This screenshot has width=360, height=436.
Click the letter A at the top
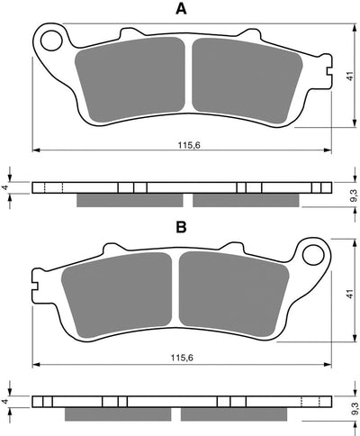tap(181, 10)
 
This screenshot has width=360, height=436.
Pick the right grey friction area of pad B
tap(231, 291)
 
